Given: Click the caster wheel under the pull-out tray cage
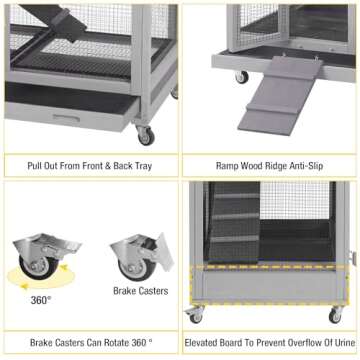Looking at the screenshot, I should (x=146, y=133).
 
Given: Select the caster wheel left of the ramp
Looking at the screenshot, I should (x=241, y=77).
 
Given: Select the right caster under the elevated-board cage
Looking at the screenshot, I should (x=335, y=315).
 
